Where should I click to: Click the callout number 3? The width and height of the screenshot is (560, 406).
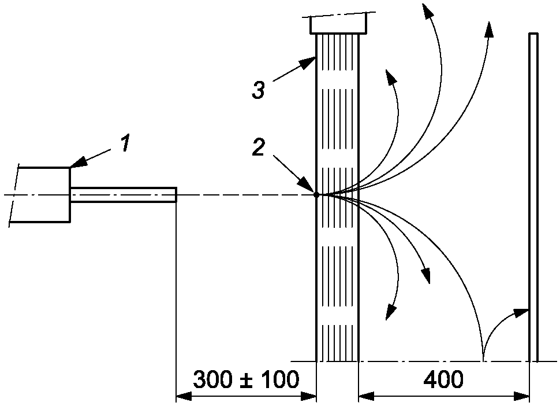[x=258, y=91]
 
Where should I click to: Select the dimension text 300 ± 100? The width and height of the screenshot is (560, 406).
[x=246, y=381]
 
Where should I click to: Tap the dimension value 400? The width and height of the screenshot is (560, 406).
[x=443, y=381]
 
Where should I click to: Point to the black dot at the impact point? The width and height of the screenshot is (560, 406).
[x=316, y=195]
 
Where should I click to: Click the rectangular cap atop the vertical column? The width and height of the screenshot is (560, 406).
[x=338, y=24]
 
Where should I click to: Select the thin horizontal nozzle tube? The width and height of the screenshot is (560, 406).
[x=123, y=194]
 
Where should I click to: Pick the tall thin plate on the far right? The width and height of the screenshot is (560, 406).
[x=533, y=197]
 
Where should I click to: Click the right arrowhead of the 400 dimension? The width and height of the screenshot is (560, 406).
[x=525, y=397]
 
